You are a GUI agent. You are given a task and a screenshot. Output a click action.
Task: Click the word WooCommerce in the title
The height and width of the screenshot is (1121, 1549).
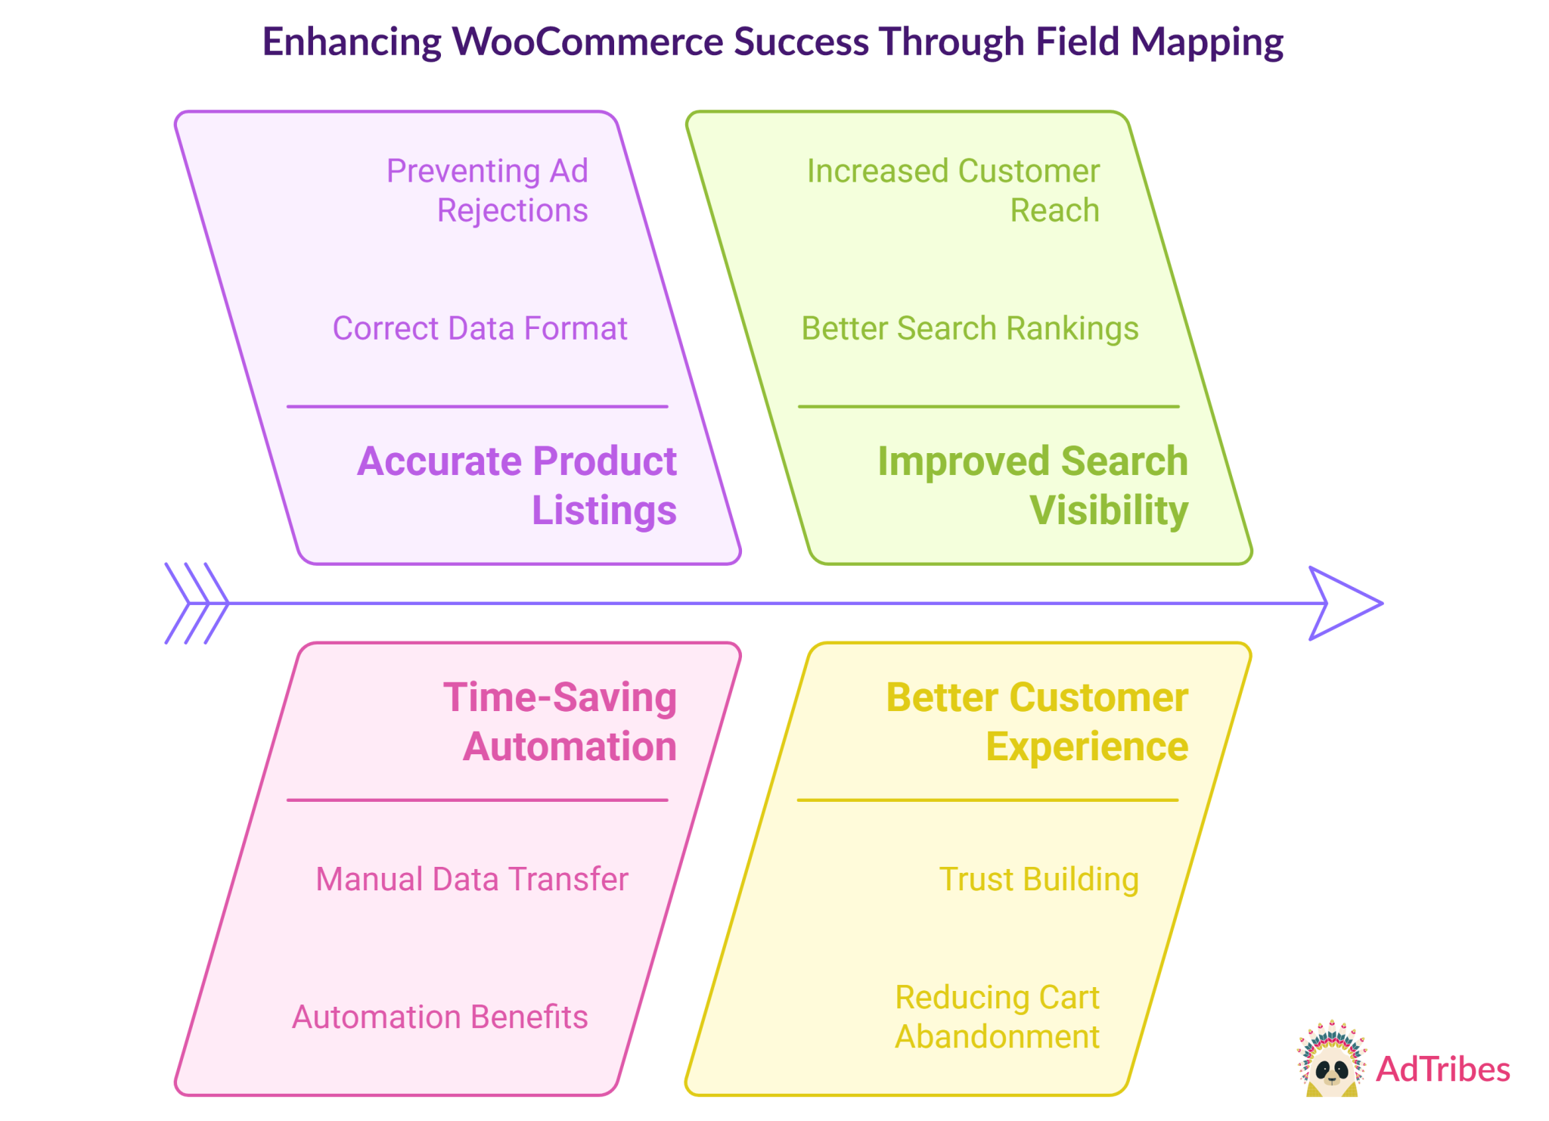(x=585, y=42)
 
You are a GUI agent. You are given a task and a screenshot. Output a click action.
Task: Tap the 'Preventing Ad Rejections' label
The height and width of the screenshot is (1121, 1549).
(x=487, y=191)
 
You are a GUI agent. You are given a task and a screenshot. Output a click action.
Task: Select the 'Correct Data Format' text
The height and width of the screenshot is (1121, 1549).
(x=480, y=329)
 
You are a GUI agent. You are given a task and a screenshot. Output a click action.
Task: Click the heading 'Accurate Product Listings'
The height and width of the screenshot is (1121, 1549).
(x=517, y=485)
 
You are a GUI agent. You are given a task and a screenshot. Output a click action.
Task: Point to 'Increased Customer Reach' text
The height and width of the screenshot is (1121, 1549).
(x=953, y=191)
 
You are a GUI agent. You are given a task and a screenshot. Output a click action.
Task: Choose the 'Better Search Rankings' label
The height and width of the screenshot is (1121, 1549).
(x=970, y=329)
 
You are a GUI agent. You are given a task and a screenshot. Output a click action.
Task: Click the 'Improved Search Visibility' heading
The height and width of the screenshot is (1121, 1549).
(x=1033, y=485)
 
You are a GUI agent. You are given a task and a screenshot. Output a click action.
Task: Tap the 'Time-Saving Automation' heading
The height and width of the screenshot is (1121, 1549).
(x=560, y=721)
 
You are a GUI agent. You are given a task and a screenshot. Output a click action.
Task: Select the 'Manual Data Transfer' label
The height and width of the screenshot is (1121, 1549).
(x=472, y=880)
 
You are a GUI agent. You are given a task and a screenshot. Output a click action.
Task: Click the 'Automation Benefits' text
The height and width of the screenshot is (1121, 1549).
(x=439, y=1017)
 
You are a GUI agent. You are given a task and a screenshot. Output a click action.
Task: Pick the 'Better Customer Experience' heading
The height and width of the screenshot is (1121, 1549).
(x=1037, y=721)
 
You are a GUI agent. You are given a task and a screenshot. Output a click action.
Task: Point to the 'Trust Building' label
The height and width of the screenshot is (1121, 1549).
(x=1038, y=880)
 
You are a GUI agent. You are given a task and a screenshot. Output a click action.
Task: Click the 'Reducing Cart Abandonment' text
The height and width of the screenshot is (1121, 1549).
(x=997, y=1017)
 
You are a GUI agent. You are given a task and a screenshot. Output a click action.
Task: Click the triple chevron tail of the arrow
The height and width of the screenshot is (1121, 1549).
(x=197, y=604)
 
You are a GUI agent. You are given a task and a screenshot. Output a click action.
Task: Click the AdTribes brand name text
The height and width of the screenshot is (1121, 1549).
(x=1443, y=1070)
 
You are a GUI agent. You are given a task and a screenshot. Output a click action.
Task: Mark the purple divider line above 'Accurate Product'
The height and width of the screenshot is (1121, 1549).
(x=477, y=407)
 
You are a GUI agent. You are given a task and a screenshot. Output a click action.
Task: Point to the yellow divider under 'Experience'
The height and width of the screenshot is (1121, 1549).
(x=988, y=800)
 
